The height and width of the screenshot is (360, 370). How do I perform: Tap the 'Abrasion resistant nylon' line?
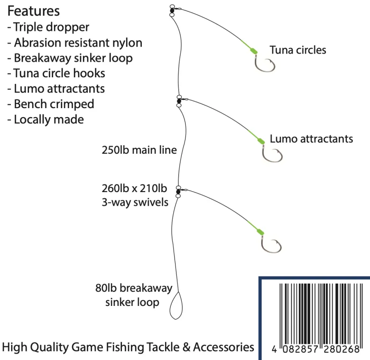tap(74, 42)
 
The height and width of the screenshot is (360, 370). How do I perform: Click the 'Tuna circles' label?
tap(297, 50)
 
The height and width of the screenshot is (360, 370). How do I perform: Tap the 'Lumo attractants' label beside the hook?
tap(311, 139)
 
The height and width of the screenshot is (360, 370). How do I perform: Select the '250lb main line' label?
tap(139, 150)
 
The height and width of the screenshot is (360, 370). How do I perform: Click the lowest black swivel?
tap(178, 191)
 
